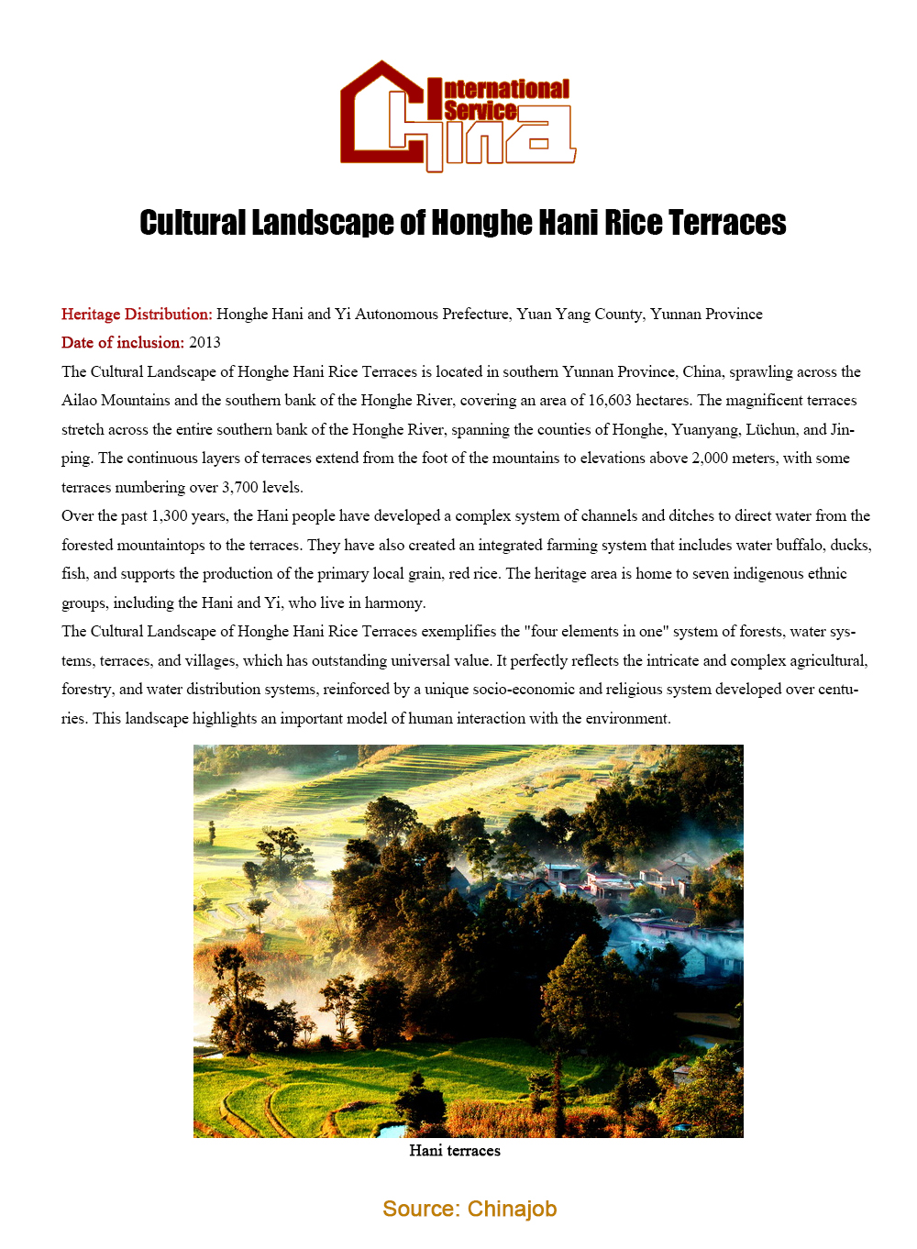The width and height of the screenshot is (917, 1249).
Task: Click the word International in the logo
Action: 506,89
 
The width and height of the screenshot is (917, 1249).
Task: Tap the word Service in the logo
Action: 480,111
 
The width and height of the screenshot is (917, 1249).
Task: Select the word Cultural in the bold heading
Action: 193,223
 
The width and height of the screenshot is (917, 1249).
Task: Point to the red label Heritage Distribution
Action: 137,314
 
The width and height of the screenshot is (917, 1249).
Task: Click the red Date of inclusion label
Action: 123,342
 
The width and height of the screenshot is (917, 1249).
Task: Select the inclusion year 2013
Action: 204,342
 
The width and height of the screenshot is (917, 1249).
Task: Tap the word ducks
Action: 850,545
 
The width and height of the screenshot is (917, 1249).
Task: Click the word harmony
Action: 395,602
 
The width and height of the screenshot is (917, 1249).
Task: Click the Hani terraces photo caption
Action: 455,1151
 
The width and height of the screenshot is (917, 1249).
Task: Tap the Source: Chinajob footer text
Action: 470,1209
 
